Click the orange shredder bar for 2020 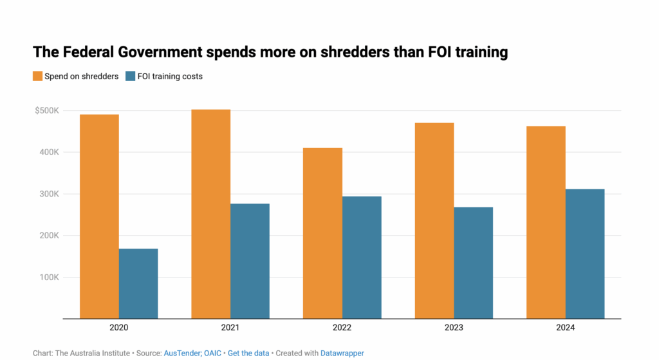coord(99,216)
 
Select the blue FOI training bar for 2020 coord(138,283)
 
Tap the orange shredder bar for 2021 coord(210,214)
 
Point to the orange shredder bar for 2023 coord(434,220)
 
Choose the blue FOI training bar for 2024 coord(585,253)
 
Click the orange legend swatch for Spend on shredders coord(38,76)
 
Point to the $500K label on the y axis coord(47,111)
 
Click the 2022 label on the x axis coord(342,328)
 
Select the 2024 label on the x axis coord(566,328)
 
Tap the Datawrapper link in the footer coord(342,353)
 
